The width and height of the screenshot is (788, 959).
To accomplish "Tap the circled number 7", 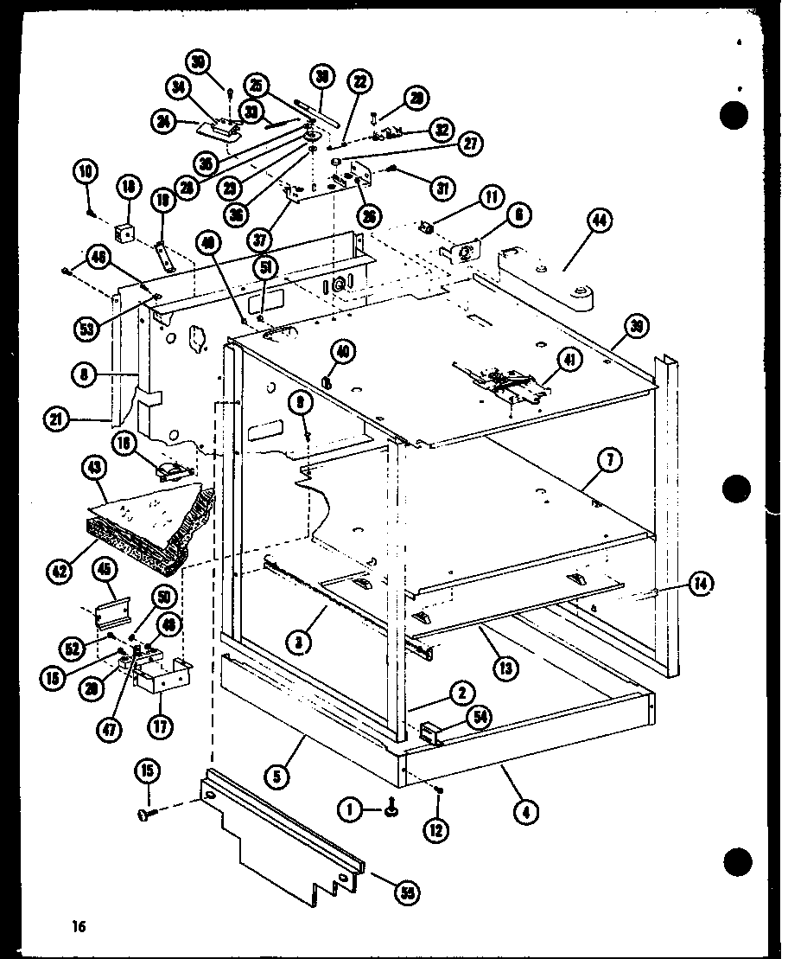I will click(610, 462).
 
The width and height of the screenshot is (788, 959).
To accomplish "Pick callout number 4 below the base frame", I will click(524, 810).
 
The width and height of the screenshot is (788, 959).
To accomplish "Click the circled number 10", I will click(87, 172).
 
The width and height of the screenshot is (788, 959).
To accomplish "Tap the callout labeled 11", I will click(492, 198).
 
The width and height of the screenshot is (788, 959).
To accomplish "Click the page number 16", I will click(79, 928).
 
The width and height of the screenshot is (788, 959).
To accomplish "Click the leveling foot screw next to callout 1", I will click(390, 809).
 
